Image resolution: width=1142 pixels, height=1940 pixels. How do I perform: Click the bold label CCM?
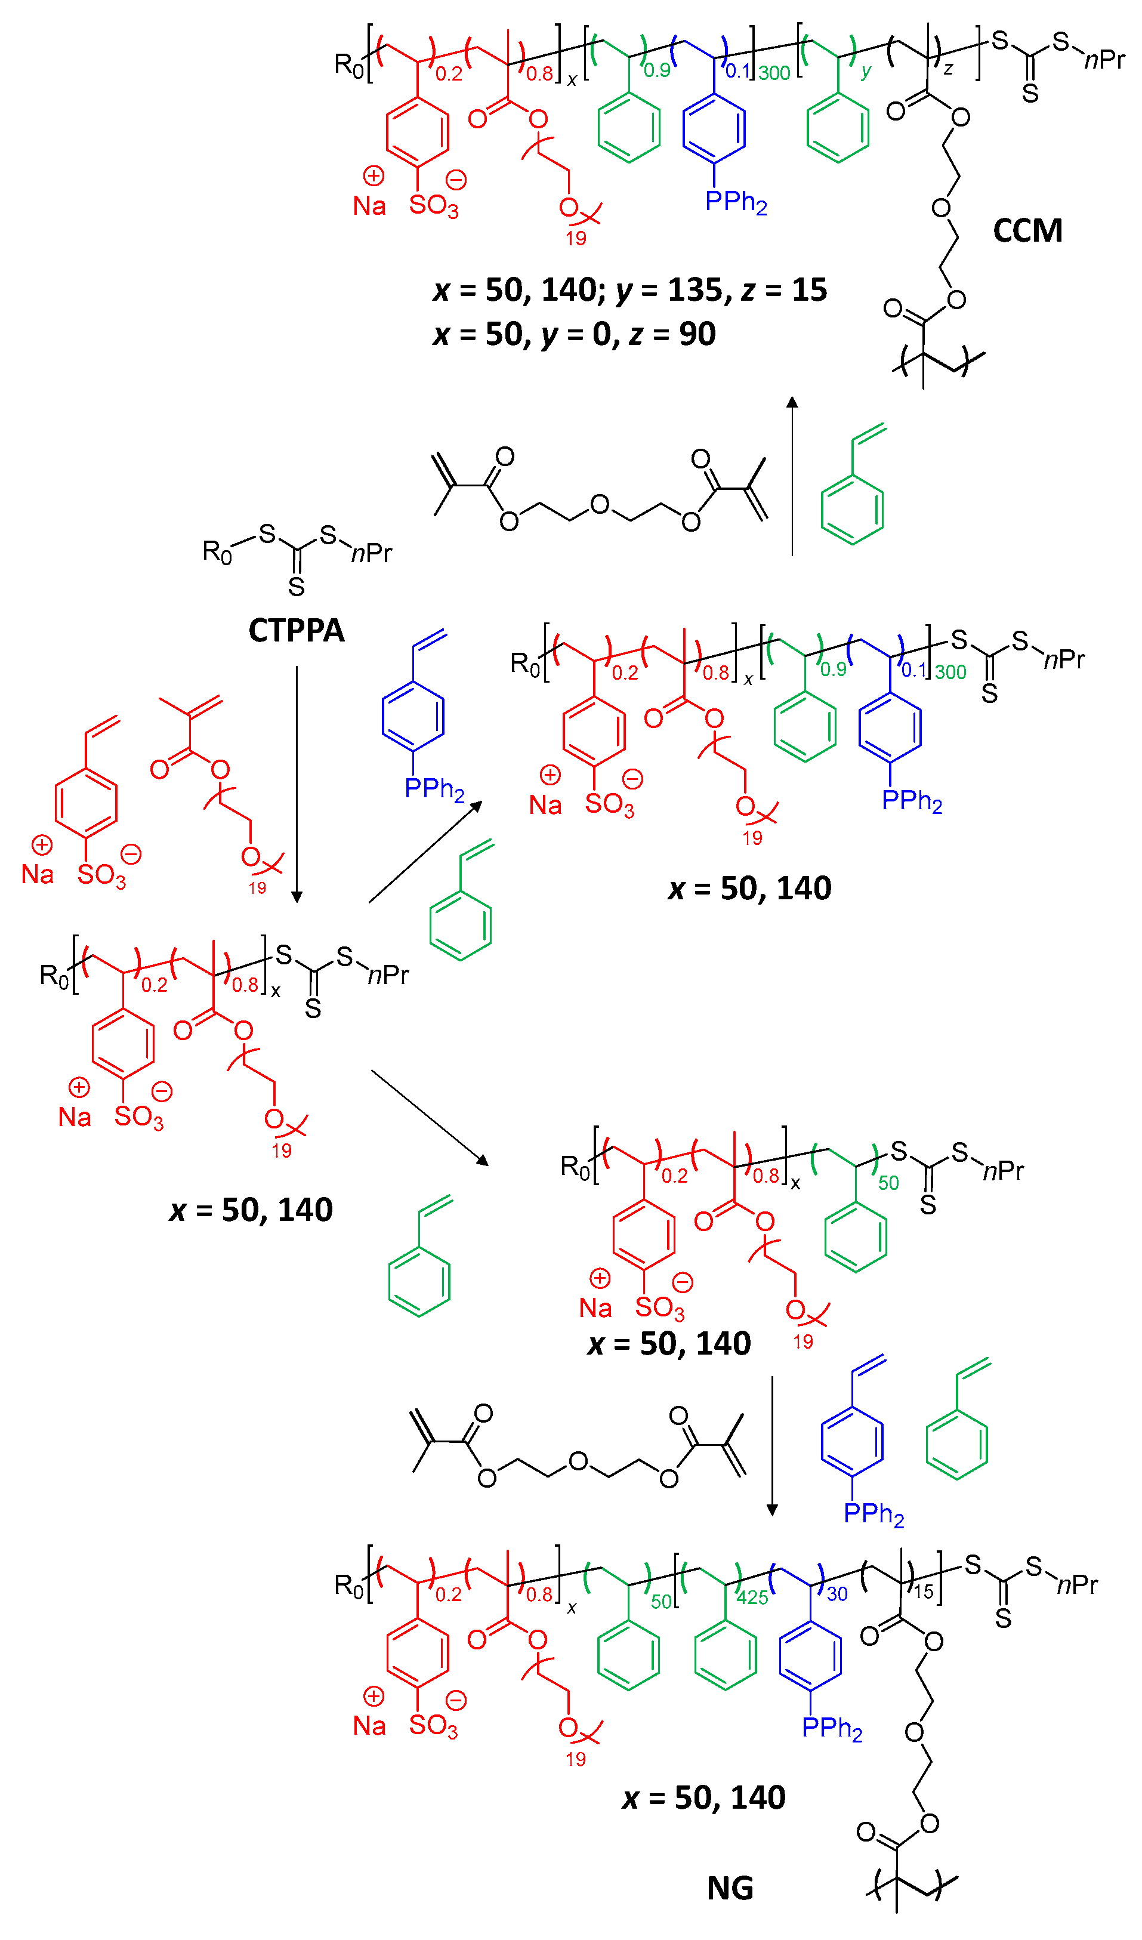1027,230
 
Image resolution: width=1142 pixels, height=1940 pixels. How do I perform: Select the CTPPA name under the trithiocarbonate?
297,631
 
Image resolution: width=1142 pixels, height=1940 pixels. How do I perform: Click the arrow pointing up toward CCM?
792,475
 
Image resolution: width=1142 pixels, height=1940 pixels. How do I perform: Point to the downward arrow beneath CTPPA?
297,785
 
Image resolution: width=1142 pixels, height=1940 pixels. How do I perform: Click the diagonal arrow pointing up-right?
425,852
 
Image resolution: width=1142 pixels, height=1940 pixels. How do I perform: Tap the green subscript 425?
752,1597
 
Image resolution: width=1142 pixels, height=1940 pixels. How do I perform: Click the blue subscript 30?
837,1594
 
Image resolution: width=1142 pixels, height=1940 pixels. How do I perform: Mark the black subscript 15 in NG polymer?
924,1592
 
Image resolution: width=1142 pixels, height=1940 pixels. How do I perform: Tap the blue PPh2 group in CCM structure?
736,202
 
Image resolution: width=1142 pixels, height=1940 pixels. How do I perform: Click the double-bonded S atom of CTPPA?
297,587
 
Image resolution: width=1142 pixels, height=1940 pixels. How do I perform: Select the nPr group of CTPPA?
372,553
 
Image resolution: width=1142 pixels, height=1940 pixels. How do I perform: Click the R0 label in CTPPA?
216,552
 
